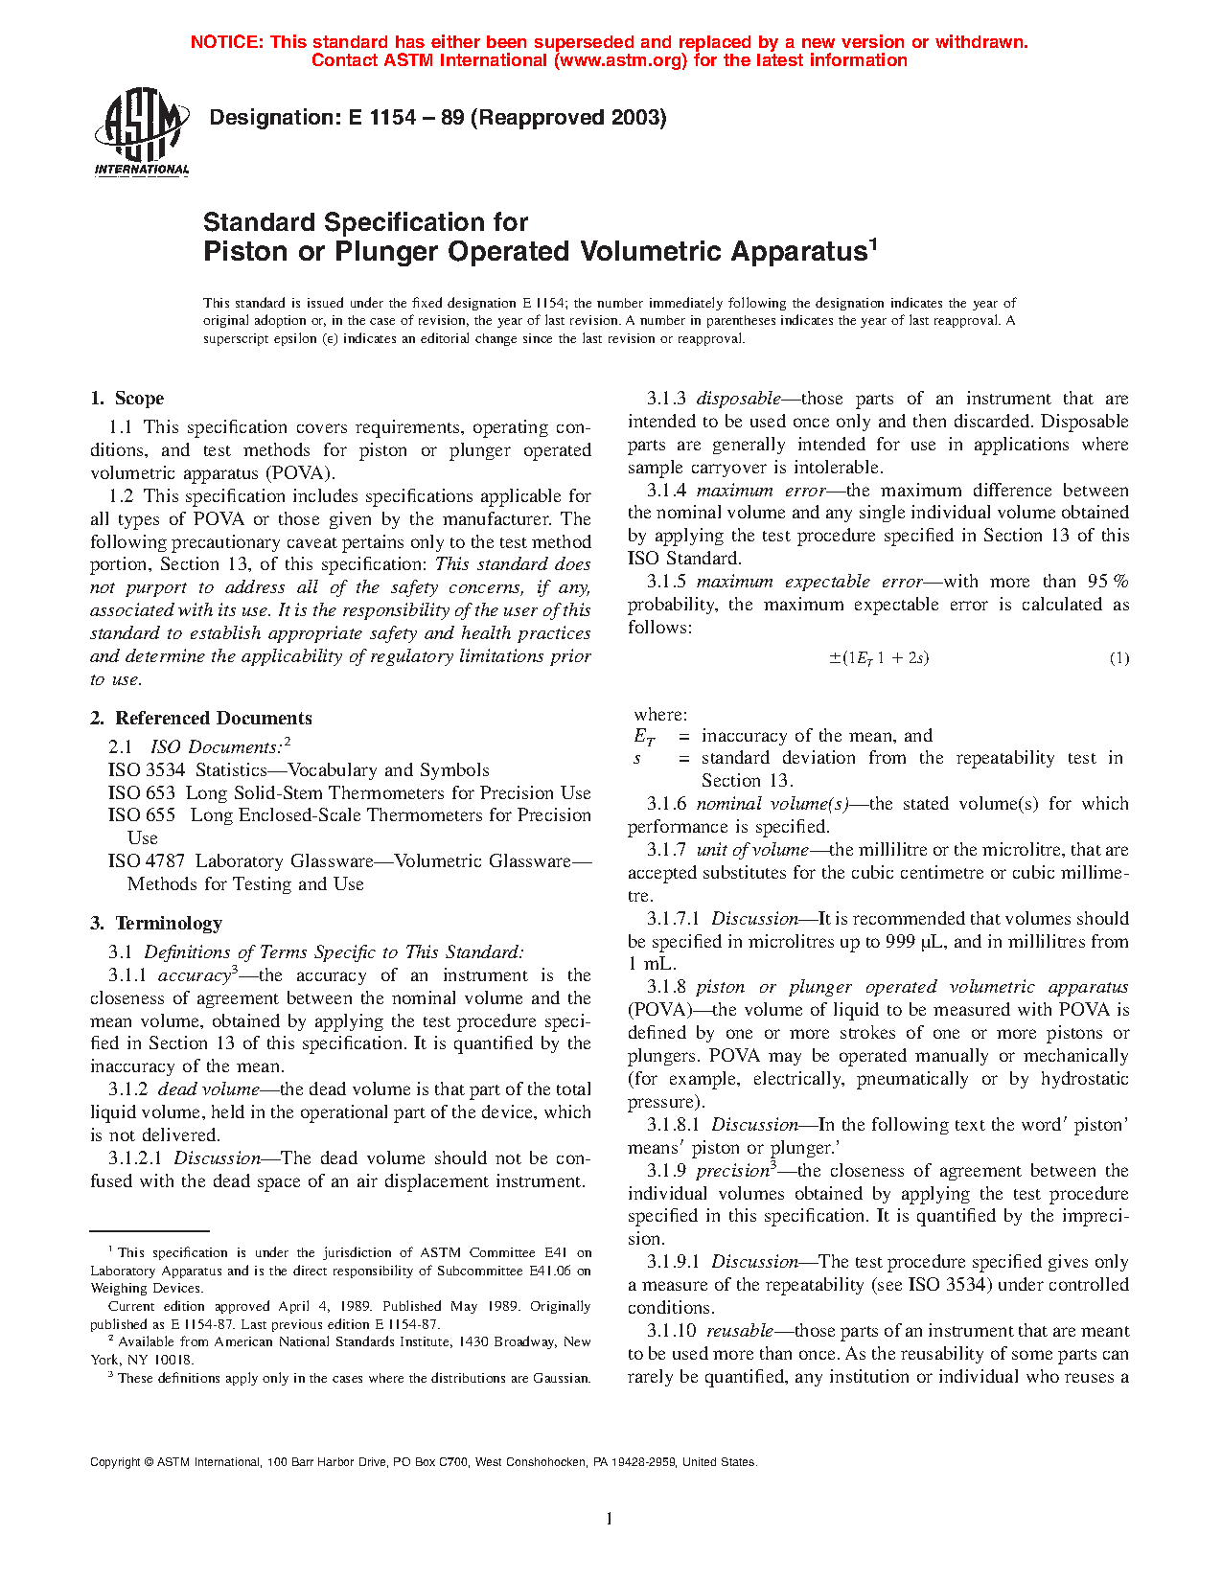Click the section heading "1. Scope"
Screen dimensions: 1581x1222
pos(127,399)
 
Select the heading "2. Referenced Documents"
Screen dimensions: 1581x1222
pos(201,719)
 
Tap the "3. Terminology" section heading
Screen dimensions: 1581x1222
pos(156,924)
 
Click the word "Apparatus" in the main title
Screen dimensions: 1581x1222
pos(798,252)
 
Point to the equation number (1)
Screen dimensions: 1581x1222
pos(1118,658)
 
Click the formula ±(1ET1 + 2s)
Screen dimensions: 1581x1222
pos(878,658)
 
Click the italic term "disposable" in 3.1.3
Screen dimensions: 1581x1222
pos(738,399)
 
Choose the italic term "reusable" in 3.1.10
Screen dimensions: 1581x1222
pos(739,1331)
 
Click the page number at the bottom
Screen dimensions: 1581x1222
pos(610,1519)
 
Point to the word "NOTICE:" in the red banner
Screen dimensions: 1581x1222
pos(227,42)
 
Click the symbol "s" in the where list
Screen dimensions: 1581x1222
pos(637,758)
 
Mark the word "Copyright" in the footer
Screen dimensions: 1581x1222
pos(114,1462)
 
